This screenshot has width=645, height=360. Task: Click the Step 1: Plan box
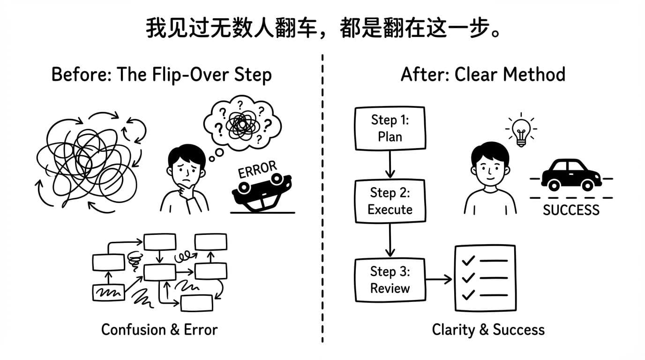point(390,128)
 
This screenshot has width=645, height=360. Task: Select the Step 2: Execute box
point(390,201)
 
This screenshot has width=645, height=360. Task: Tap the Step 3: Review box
point(390,279)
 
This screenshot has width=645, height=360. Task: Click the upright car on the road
point(571,174)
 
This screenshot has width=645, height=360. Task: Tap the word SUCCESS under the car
point(571,210)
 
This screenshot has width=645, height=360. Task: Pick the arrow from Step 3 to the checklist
point(439,280)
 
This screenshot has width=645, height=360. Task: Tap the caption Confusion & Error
point(159,330)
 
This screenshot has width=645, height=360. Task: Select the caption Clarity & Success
point(488,330)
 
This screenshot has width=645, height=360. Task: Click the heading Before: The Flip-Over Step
point(161,75)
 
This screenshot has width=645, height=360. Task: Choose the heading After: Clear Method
point(483,75)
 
